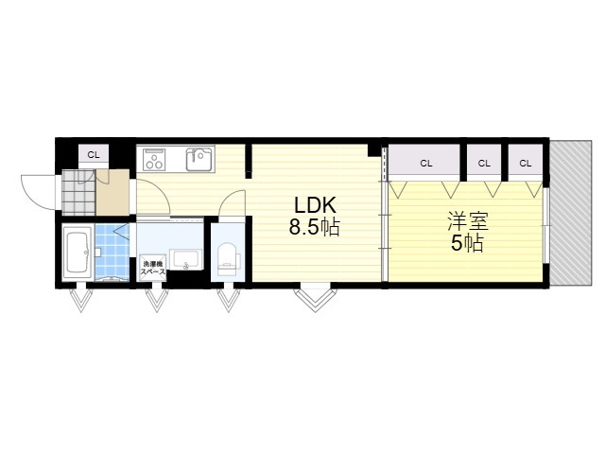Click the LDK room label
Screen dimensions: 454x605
[x=315, y=205]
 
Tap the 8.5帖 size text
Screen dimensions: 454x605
[x=315, y=227]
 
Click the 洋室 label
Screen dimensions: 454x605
[x=467, y=222]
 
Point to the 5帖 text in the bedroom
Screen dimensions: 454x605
[x=467, y=243]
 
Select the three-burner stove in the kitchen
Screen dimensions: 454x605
[x=153, y=158]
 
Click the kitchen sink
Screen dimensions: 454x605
[x=199, y=158]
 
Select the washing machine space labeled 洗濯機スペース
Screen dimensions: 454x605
[x=153, y=267]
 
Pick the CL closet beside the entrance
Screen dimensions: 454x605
[x=93, y=154]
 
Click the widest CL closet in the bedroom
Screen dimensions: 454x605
[x=425, y=162]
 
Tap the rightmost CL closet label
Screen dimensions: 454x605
[x=526, y=162]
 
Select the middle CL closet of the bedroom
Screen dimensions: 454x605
[x=484, y=162]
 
